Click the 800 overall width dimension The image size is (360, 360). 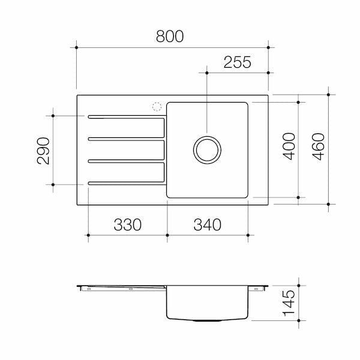click(170, 36)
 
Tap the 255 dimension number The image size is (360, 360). click(238, 62)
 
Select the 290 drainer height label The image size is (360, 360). click(43, 151)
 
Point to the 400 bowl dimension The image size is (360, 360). click(289, 146)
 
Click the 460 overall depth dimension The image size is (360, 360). click(318, 146)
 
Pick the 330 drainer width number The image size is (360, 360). click(128, 224)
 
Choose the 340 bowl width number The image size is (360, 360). click(208, 224)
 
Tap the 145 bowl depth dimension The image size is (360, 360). click(289, 303)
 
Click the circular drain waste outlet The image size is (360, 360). click(207, 136)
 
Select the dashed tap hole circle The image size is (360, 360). click(157, 103)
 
